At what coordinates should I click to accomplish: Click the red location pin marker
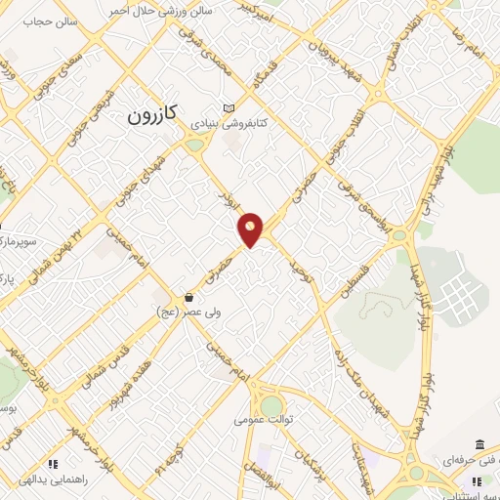click(252, 229)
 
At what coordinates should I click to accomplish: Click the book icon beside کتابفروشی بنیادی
click(229, 107)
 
